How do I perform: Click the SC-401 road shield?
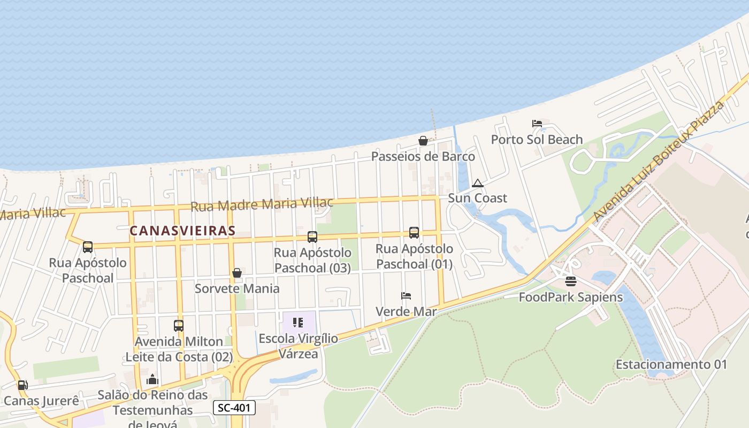pyautogui.click(x=234, y=408)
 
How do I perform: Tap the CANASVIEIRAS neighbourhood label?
pyautogui.click(x=182, y=231)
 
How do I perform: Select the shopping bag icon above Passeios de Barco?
pyautogui.click(x=423, y=141)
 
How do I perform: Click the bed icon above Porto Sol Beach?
pyautogui.click(x=537, y=124)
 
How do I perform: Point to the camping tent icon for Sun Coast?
pyautogui.click(x=477, y=183)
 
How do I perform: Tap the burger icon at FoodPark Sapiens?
pyautogui.click(x=571, y=281)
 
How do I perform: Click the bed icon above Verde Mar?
pyautogui.click(x=406, y=296)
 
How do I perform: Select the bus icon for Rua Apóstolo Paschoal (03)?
pyautogui.click(x=312, y=236)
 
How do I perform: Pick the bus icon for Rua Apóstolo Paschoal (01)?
pyautogui.click(x=414, y=233)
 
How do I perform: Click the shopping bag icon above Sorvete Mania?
pyautogui.click(x=237, y=273)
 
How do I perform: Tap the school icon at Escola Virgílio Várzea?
pyautogui.click(x=298, y=323)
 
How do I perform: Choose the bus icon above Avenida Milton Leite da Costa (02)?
pyautogui.click(x=179, y=325)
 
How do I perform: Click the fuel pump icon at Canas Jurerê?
pyautogui.click(x=22, y=385)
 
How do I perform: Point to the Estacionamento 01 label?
pyautogui.click(x=671, y=365)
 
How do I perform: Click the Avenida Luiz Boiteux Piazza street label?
pyautogui.click(x=659, y=160)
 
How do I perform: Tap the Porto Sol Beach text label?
pyautogui.click(x=537, y=140)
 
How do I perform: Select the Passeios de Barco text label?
pyautogui.click(x=423, y=156)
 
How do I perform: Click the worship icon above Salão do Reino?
pyautogui.click(x=152, y=379)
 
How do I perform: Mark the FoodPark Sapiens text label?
pyautogui.click(x=571, y=297)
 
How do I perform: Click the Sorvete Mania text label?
pyautogui.click(x=237, y=288)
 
